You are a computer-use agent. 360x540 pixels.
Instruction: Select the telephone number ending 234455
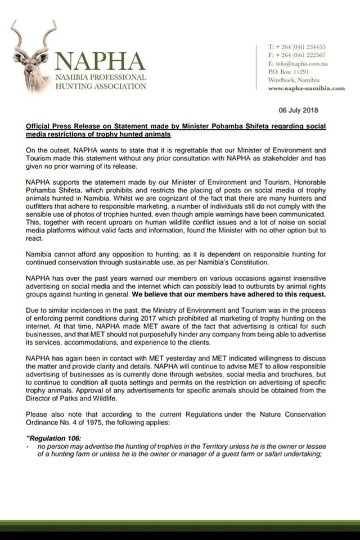[x=297, y=47]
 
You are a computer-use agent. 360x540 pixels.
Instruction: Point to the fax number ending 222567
[x=297, y=55]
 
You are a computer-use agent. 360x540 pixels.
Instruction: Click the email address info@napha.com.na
[x=298, y=64]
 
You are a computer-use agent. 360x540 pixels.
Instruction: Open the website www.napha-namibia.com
[x=306, y=88]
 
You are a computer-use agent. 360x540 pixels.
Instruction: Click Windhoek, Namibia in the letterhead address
[x=294, y=80]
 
